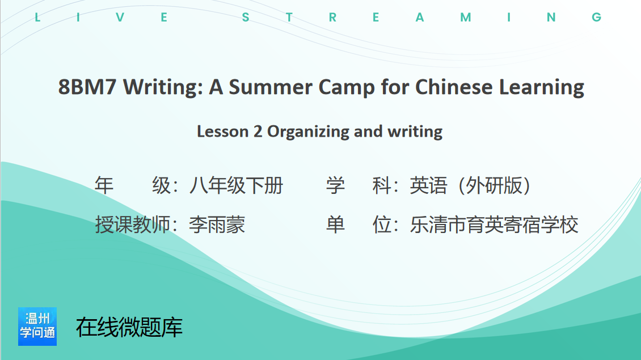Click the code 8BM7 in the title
pyautogui.click(x=87, y=87)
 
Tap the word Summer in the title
pyautogui.click(x=270, y=87)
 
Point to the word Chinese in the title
pyautogui.click(x=454, y=87)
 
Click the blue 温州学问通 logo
pyautogui.click(x=37, y=327)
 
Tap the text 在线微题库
pyautogui.click(x=129, y=327)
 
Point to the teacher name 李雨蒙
pyautogui.click(x=217, y=225)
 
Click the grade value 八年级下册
pyautogui.click(x=237, y=185)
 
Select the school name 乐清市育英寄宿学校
pyautogui.click(x=494, y=225)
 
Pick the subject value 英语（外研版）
pyautogui.click(x=470, y=185)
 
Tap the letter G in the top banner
pyautogui.click(x=596, y=17)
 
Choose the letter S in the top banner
pyautogui.click(x=246, y=17)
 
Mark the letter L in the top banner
pyautogui.click(x=37, y=17)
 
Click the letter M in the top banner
pyautogui.click(x=466, y=17)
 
